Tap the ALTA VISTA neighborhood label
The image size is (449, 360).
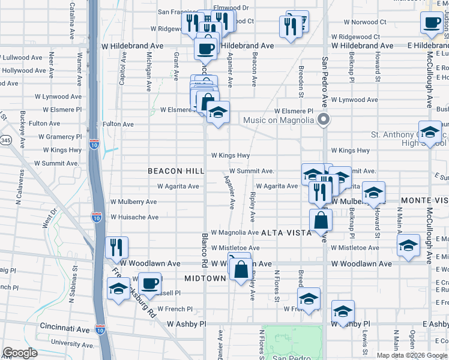tap(286, 232)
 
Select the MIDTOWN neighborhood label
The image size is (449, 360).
tap(205, 278)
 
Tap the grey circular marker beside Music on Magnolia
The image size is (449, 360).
tap(324, 119)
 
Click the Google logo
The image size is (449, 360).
tap(20, 353)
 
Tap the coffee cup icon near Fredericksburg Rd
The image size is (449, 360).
tap(149, 281)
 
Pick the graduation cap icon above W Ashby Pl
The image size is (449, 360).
tap(343, 311)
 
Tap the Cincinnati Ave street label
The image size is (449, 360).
tap(65, 329)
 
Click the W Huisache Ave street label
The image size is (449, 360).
tap(134, 217)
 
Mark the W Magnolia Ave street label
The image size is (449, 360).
tap(234, 232)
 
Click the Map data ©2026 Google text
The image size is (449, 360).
tap(411, 355)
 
